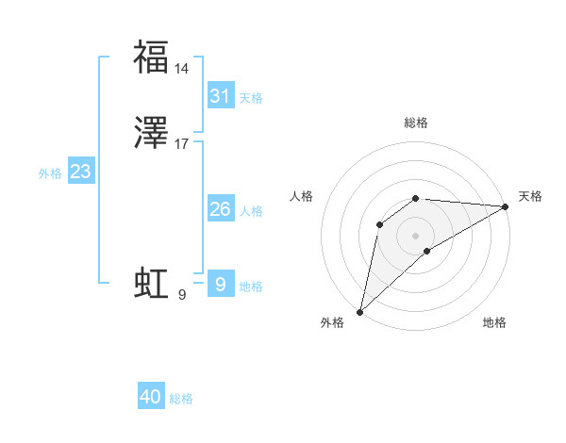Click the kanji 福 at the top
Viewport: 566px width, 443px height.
click(151, 57)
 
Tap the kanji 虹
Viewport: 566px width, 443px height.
click(151, 283)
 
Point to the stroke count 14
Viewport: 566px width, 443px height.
click(182, 69)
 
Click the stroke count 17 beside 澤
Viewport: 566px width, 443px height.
click(182, 144)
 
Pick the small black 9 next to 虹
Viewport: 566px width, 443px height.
click(182, 295)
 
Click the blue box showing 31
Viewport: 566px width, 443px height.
click(220, 95)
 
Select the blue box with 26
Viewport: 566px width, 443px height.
click(220, 208)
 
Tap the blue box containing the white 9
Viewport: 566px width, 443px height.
click(220, 284)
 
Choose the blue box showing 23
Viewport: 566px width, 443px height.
click(80, 172)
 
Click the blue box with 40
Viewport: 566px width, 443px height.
click(151, 397)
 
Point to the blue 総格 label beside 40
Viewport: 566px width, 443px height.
click(181, 399)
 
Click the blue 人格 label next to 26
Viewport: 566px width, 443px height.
click(251, 210)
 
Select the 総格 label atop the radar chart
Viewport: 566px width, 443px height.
click(416, 123)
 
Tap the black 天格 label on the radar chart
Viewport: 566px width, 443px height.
click(530, 196)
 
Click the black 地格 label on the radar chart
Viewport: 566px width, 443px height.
click(494, 322)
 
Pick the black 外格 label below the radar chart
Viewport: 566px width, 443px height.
click(332, 322)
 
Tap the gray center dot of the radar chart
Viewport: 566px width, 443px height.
click(416, 235)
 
